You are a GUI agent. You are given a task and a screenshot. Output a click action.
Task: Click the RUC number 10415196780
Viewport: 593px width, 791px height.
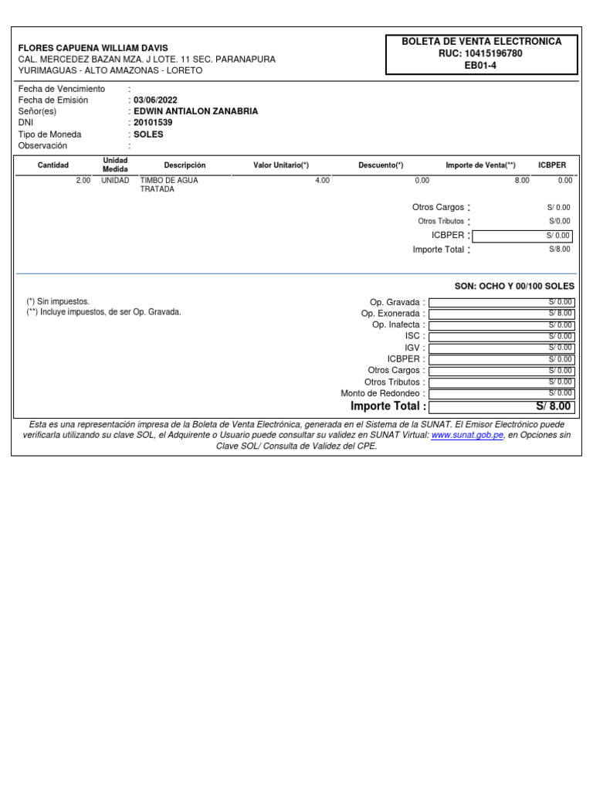[494, 53]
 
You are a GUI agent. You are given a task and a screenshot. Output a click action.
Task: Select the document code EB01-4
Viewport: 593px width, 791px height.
[481, 66]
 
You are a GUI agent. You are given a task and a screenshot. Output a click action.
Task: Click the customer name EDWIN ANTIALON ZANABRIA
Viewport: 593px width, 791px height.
[195, 111]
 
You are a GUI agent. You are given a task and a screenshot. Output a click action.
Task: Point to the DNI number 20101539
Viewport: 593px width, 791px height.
[153, 123]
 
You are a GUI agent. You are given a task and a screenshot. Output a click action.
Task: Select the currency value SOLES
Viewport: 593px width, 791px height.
[148, 134]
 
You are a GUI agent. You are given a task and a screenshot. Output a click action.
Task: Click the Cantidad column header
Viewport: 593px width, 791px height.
[53, 165]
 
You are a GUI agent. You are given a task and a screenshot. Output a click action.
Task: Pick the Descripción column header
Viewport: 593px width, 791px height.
[185, 165]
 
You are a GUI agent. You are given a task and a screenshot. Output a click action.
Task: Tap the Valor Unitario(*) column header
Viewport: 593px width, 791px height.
[281, 165]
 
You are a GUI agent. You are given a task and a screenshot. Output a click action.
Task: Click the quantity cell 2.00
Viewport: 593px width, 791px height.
[83, 180]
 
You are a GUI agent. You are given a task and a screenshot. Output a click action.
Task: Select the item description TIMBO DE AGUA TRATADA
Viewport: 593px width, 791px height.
[169, 185]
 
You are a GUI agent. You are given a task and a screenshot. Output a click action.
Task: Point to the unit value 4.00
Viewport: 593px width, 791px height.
[322, 180]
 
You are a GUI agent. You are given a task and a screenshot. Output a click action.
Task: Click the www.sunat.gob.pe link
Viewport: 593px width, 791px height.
[467, 436]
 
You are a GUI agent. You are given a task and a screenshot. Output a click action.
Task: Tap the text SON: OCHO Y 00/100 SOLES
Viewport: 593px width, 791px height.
[514, 286]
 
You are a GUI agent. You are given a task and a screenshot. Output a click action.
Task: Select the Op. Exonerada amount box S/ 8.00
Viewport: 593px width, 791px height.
[500, 314]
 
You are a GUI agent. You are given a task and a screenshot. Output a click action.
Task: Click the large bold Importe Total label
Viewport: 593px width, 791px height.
[388, 406]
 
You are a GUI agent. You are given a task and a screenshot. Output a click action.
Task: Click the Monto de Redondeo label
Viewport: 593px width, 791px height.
[382, 393]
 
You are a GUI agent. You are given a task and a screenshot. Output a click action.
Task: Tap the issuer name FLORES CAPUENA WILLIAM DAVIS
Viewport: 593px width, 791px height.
[93, 48]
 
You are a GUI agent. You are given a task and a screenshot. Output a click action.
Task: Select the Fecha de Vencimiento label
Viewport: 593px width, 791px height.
[62, 89]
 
